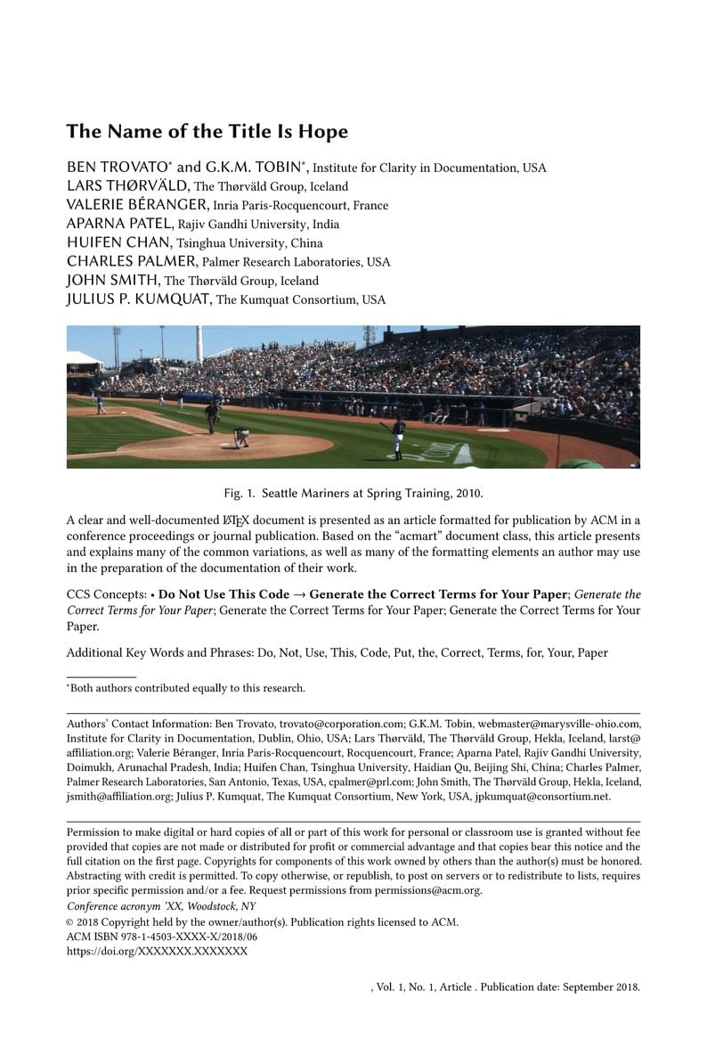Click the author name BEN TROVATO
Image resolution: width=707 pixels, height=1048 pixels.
[x=119, y=168]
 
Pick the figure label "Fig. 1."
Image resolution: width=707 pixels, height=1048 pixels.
[x=239, y=493]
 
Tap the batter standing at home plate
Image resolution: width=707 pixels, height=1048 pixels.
[x=397, y=437]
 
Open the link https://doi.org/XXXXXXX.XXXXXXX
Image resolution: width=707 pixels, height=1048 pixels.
[x=157, y=952]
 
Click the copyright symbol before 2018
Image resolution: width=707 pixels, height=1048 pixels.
[x=70, y=923]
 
